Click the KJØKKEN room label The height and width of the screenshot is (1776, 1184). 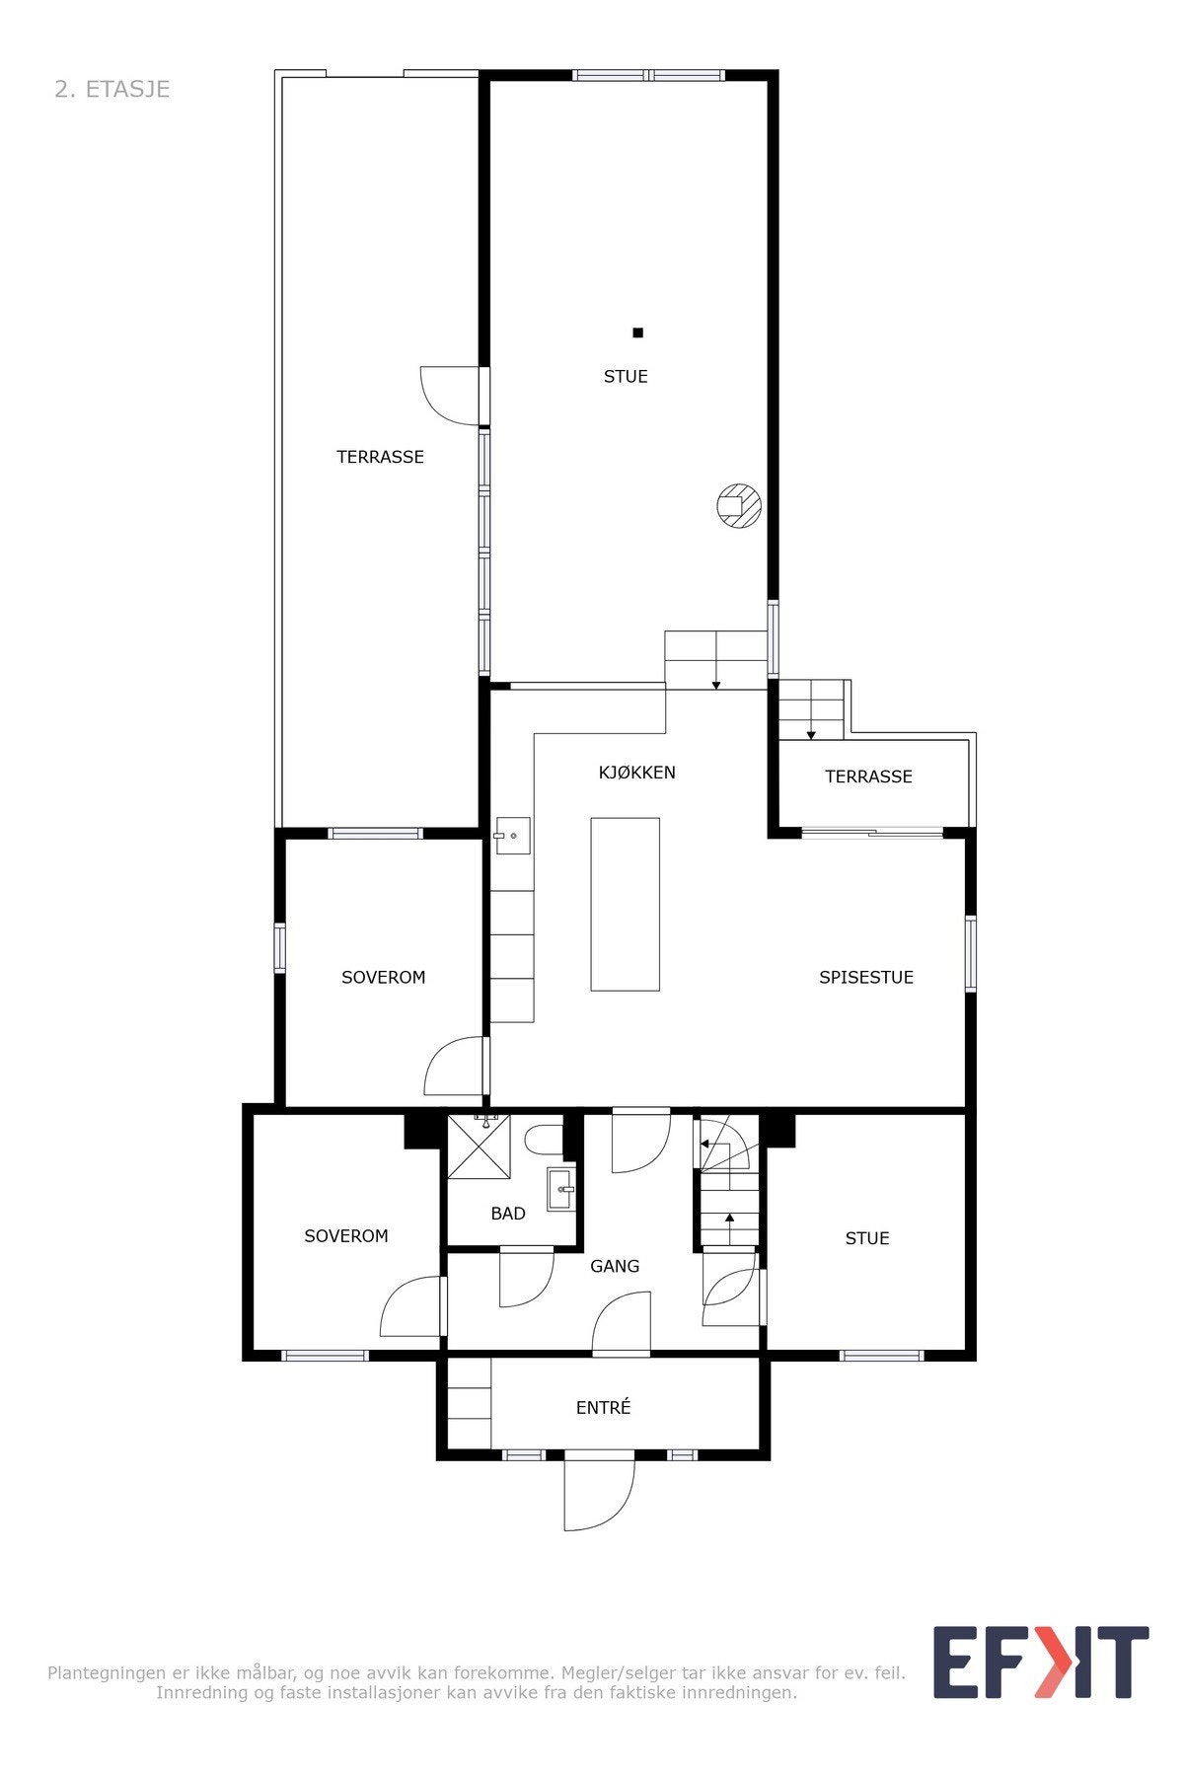tap(636, 773)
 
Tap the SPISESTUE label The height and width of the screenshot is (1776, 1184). tap(865, 977)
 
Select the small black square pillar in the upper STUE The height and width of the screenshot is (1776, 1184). tap(637, 333)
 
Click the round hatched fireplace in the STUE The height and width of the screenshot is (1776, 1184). tap(738, 506)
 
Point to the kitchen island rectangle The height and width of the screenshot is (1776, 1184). tap(625, 904)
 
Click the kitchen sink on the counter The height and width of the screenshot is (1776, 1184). tap(511, 836)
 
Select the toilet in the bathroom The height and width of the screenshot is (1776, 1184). tap(544, 1141)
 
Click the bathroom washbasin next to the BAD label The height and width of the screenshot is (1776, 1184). tap(560, 1189)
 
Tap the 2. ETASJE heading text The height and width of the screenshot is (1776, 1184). tap(112, 89)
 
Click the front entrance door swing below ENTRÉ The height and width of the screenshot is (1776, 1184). tap(597, 1493)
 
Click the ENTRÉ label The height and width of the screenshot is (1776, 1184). tap(603, 1408)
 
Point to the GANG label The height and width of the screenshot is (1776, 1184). tap(615, 1266)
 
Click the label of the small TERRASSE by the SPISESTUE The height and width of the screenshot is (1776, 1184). tap(868, 777)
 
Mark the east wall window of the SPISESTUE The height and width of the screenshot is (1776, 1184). tap(970, 953)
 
